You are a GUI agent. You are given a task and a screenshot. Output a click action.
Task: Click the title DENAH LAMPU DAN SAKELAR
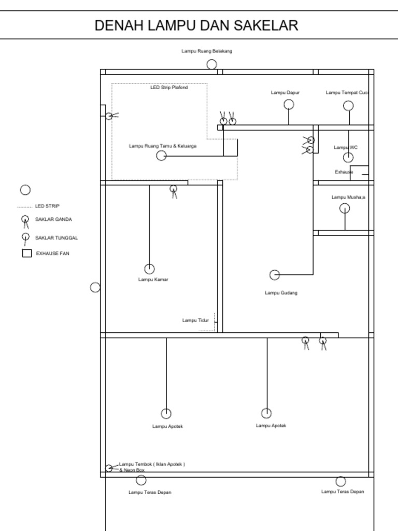(x=196, y=25)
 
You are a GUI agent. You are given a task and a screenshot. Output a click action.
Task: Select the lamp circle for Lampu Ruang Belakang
(x=212, y=64)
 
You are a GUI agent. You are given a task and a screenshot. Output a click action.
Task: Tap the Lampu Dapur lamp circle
(x=289, y=104)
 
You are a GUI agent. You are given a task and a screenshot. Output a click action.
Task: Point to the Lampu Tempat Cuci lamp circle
(x=348, y=106)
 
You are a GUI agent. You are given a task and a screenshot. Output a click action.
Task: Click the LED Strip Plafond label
(x=169, y=88)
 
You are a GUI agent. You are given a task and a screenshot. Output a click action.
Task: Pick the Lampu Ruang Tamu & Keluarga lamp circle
(x=162, y=156)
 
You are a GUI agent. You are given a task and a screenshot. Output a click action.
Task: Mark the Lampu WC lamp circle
(x=348, y=158)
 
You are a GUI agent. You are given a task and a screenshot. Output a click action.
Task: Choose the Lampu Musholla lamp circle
(x=345, y=208)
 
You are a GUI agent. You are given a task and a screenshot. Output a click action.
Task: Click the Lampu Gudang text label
(x=281, y=293)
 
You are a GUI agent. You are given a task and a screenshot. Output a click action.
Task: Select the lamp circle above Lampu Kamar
(x=149, y=269)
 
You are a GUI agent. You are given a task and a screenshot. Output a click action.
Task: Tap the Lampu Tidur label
(x=195, y=320)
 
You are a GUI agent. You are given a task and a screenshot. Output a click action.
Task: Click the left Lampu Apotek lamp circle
(x=166, y=413)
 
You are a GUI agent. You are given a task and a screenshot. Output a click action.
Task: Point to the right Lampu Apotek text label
(x=271, y=426)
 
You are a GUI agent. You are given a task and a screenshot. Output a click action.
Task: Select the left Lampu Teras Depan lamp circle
(x=141, y=480)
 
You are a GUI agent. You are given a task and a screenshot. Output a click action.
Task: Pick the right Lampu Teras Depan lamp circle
(x=340, y=481)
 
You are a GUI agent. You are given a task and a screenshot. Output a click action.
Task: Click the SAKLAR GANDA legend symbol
(x=25, y=220)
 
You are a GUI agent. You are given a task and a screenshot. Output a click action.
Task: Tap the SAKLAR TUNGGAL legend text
(x=56, y=238)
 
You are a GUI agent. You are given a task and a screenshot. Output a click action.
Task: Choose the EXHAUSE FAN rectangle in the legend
(x=27, y=254)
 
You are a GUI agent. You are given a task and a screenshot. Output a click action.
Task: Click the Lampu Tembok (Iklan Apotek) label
(x=152, y=465)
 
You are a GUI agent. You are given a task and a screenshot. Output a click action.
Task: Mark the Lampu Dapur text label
(x=285, y=93)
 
